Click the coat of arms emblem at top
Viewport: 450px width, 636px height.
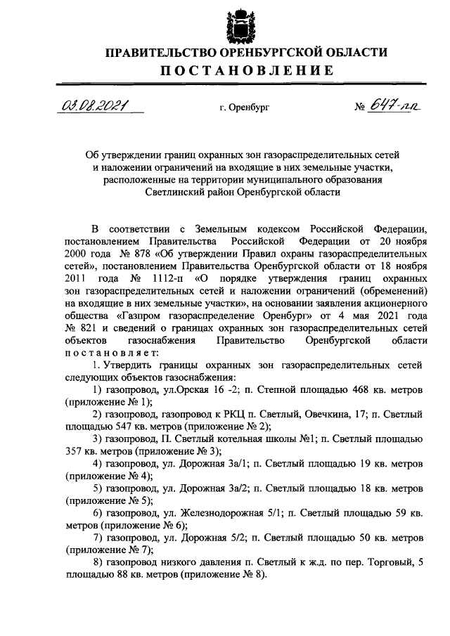(x=245, y=25)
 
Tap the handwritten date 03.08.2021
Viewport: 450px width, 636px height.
(x=89, y=106)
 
